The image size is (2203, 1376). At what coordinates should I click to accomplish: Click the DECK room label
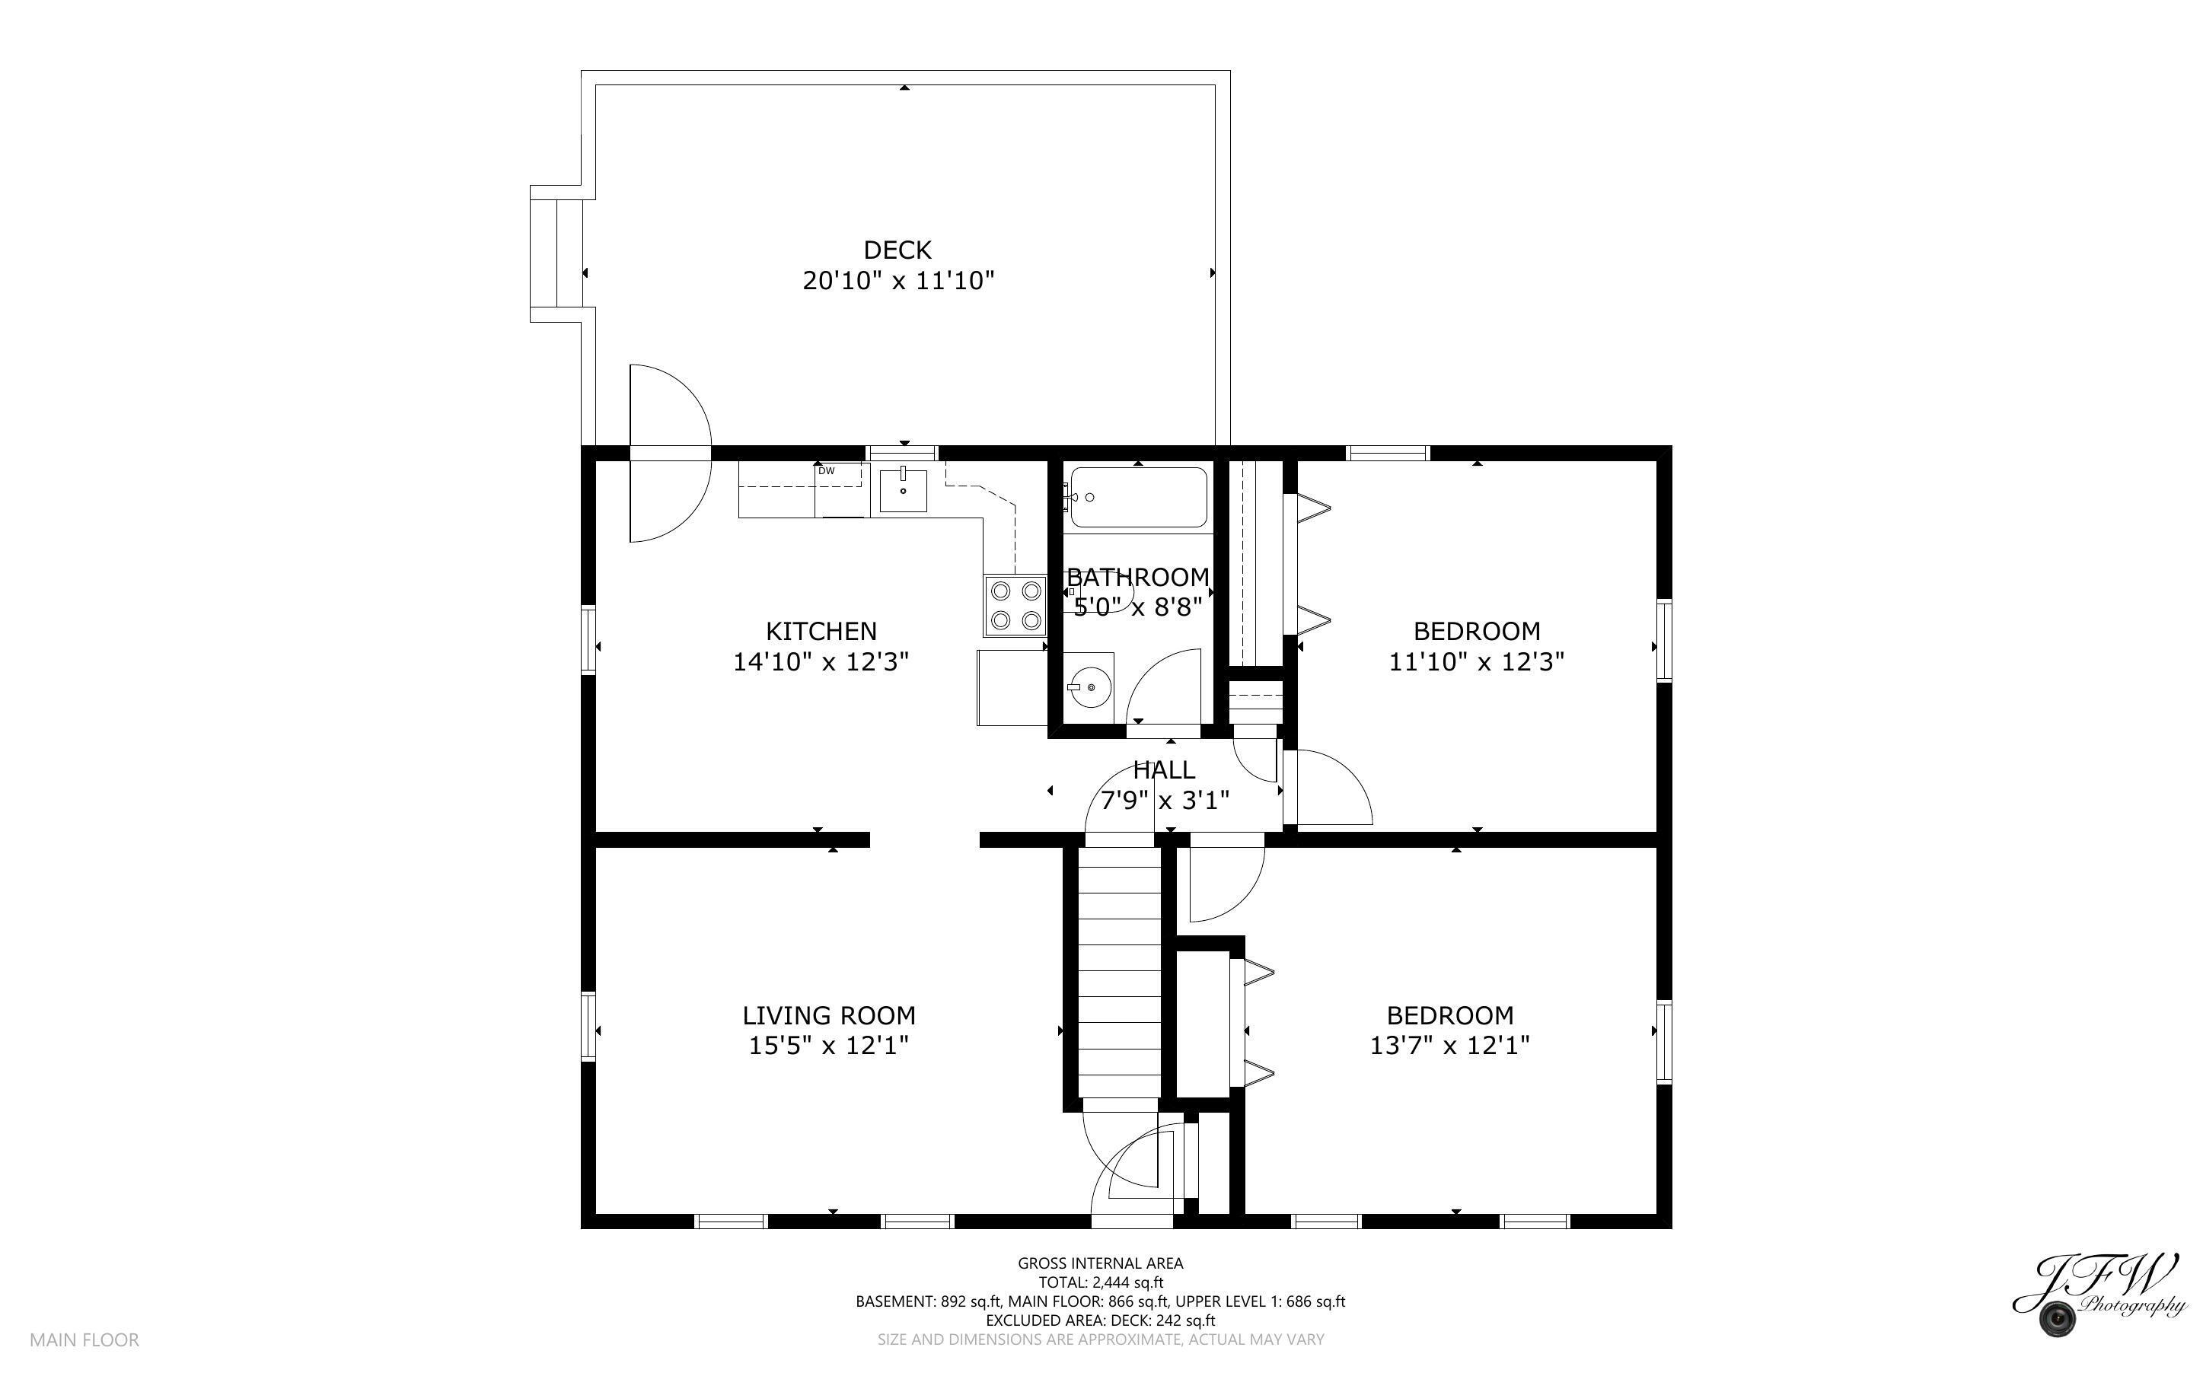click(x=897, y=250)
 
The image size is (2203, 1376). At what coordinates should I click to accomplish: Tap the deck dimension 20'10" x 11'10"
click(x=898, y=280)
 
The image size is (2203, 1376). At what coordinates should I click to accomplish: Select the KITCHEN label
click(x=821, y=631)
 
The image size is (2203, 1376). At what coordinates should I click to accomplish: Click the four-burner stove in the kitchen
click(x=1015, y=605)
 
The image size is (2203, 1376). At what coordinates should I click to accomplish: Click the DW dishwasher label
click(x=826, y=470)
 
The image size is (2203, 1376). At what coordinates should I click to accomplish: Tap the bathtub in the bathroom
click(x=1138, y=497)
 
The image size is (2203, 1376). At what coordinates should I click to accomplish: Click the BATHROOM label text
click(x=1138, y=577)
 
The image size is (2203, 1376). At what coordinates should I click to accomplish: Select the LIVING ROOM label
click(x=829, y=1014)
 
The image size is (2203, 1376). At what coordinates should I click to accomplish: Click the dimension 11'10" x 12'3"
click(x=1476, y=661)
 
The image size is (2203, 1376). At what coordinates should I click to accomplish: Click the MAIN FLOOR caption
click(x=84, y=1339)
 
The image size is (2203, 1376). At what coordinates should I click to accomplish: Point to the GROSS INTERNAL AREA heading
click(x=1100, y=1263)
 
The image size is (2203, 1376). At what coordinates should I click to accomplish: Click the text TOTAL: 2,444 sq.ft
click(x=1100, y=1282)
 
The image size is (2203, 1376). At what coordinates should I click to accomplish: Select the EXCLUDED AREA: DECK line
click(x=1100, y=1320)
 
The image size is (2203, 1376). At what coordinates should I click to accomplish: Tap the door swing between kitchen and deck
click(x=669, y=453)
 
